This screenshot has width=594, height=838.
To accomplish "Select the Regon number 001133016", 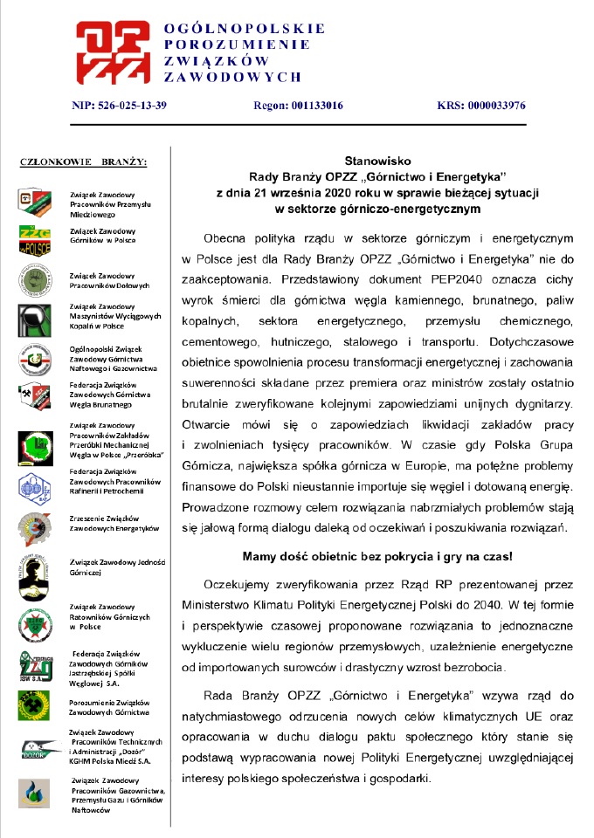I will pyautogui.click(x=311, y=106).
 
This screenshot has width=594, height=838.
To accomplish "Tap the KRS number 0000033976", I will pyautogui.click(x=494, y=106).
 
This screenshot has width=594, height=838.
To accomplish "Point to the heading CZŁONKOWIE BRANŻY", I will pyautogui.click(x=83, y=161).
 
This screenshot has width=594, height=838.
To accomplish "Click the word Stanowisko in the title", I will pyautogui.click(x=375, y=161).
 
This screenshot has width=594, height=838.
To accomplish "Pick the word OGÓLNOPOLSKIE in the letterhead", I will pyautogui.click(x=245, y=28).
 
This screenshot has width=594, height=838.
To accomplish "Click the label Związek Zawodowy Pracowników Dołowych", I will pyautogui.click(x=110, y=280).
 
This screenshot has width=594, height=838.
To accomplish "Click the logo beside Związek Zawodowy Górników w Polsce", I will pyautogui.click(x=34, y=237).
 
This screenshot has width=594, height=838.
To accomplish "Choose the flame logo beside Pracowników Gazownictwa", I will pyautogui.click(x=33, y=793).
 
